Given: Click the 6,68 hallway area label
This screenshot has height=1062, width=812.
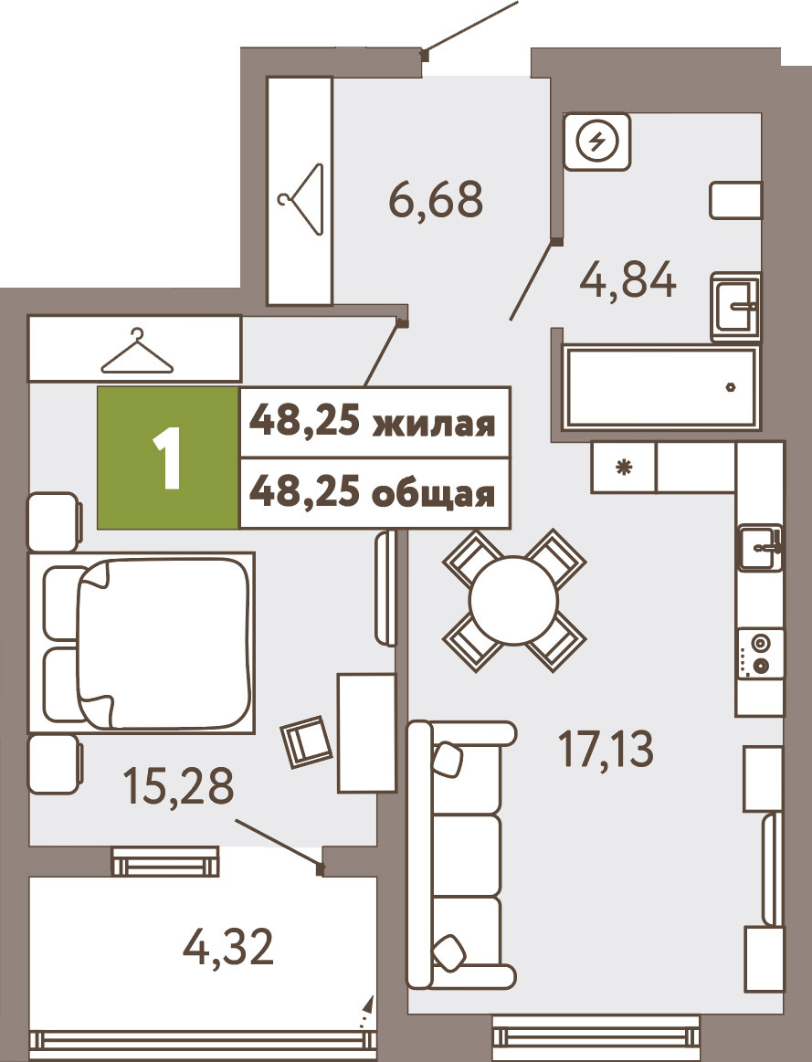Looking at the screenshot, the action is click(x=436, y=198).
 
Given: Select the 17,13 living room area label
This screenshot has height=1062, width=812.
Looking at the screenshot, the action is click(x=606, y=749).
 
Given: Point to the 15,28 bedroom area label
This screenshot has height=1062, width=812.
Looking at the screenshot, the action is click(x=178, y=785).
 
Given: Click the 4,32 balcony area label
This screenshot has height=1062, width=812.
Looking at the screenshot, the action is click(x=228, y=947).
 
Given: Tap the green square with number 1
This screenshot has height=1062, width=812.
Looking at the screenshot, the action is click(x=168, y=457).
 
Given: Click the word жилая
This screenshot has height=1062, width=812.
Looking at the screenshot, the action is click(x=435, y=424).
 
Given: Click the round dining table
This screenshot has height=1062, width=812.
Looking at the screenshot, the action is click(x=513, y=601).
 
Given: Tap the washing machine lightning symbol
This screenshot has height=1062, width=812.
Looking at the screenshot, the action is click(x=596, y=142).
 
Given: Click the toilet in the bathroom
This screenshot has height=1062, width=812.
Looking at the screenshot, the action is click(x=736, y=200).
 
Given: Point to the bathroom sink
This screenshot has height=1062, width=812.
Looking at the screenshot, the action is click(x=736, y=307).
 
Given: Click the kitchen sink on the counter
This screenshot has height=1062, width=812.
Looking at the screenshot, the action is click(x=761, y=549).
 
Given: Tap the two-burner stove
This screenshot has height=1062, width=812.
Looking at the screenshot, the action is click(x=761, y=654).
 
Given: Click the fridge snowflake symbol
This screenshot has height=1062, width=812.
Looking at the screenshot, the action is click(x=623, y=467).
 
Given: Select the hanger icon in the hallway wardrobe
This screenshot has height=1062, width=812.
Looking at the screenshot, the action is click(x=300, y=199).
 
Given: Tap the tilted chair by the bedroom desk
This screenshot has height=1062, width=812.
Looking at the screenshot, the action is click(x=307, y=741).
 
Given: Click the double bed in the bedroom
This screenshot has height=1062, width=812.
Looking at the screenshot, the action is click(x=142, y=644).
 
